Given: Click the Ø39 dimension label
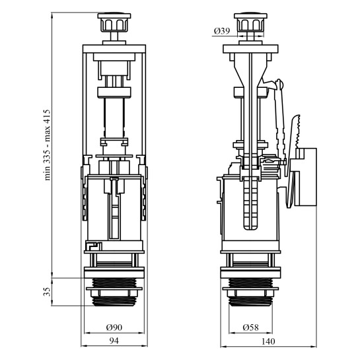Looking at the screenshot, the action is [222, 31].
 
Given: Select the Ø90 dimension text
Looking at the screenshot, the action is [114, 328].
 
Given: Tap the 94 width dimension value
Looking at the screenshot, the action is [114, 341].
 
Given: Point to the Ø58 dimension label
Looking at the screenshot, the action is [251, 328].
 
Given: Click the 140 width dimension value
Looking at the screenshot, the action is [268, 342].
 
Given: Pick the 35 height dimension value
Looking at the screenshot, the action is [47, 291].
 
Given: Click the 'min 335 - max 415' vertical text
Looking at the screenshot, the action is [47, 145].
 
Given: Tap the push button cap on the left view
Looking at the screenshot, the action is [114, 22].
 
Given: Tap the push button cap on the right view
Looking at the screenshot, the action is [250, 22].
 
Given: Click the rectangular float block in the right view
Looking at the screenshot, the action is [306, 177].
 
